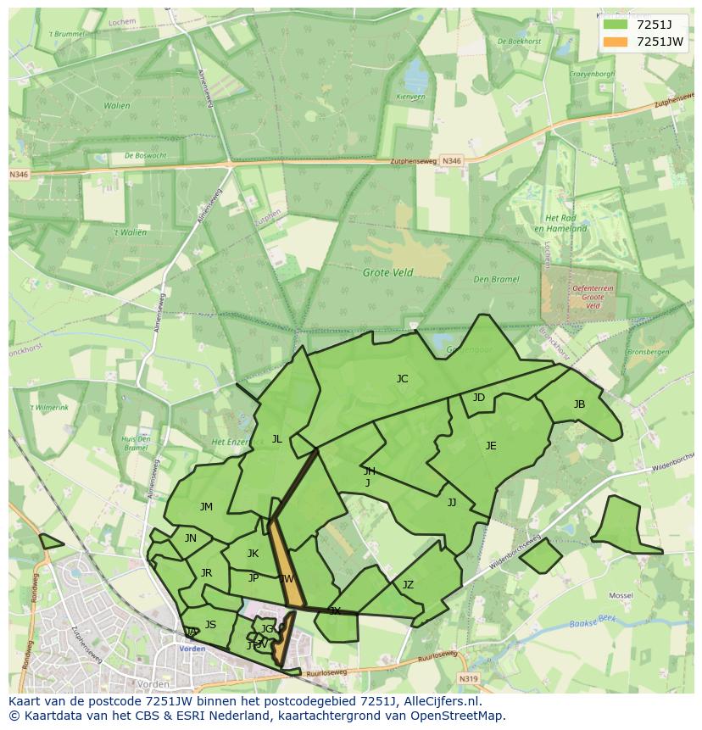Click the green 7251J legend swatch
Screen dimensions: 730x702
pyautogui.click(x=616, y=25)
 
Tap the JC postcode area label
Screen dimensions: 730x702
pyautogui.click(x=402, y=379)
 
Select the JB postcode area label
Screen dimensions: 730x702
pyautogui.click(x=579, y=404)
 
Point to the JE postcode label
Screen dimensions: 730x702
pyautogui.click(x=491, y=446)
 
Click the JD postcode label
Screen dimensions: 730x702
pyautogui.click(x=479, y=398)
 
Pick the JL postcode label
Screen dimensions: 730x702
pyautogui.click(x=276, y=439)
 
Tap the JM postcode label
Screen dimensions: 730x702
pyautogui.click(x=206, y=507)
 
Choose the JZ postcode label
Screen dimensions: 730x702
pyautogui.click(x=408, y=585)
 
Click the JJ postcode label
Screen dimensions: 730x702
pyautogui.click(x=452, y=503)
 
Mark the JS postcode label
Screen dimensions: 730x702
pyautogui.click(x=210, y=625)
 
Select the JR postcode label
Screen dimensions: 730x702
pyautogui.click(x=206, y=573)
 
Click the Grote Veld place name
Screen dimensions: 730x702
pyautogui.click(x=387, y=273)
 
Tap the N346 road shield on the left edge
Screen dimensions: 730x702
pyautogui.click(x=19, y=175)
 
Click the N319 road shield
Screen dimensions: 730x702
pyautogui.click(x=469, y=678)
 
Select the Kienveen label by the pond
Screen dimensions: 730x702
pyautogui.click(x=410, y=97)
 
